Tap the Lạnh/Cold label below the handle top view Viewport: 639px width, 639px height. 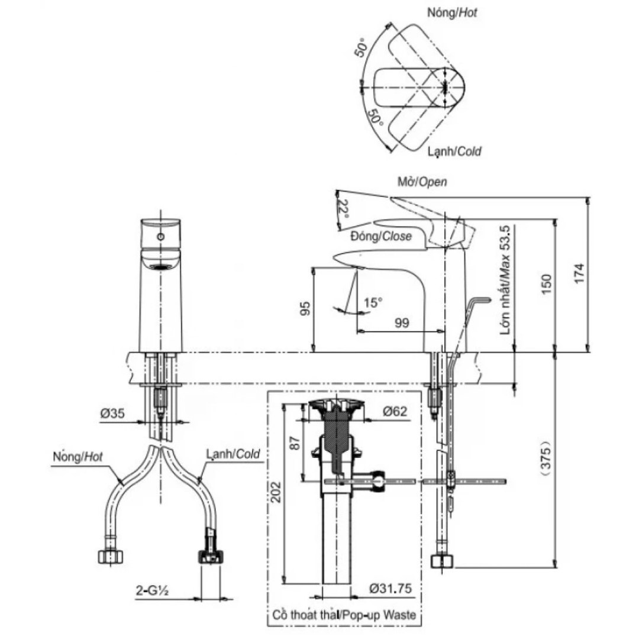[454, 151]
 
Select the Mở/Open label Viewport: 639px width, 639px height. [422, 182]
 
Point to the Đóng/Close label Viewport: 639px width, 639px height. [380, 236]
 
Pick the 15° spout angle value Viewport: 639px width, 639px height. [373, 302]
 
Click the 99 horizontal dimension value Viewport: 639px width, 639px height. [402, 322]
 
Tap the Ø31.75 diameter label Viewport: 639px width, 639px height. [390, 589]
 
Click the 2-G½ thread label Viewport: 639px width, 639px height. [153, 590]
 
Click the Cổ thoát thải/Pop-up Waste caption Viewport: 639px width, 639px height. [344, 615]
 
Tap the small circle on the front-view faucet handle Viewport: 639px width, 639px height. [160, 237]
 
